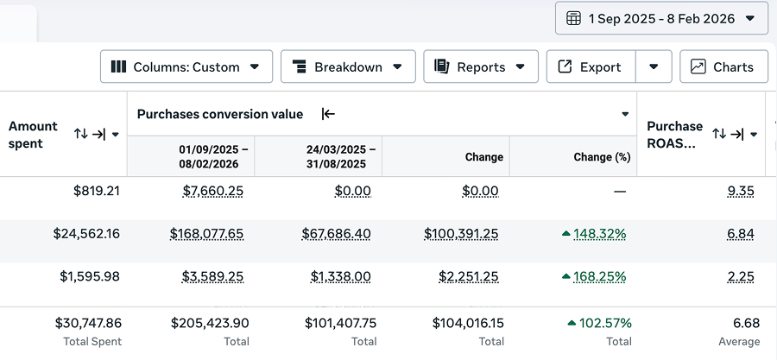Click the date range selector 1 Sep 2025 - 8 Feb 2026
click(x=661, y=18)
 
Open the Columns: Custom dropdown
click(x=186, y=66)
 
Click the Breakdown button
click(x=348, y=66)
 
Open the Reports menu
click(x=480, y=66)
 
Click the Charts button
click(x=723, y=66)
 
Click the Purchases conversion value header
click(x=220, y=114)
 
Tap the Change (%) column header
click(x=602, y=157)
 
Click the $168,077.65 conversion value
click(x=206, y=234)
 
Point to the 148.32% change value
click(x=597, y=234)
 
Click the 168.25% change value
click(x=597, y=277)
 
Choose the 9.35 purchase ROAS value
click(x=741, y=191)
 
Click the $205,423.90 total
click(x=209, y=323)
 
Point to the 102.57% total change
click(x=604, y=323)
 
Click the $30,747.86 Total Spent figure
click(x=87, y=323)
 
